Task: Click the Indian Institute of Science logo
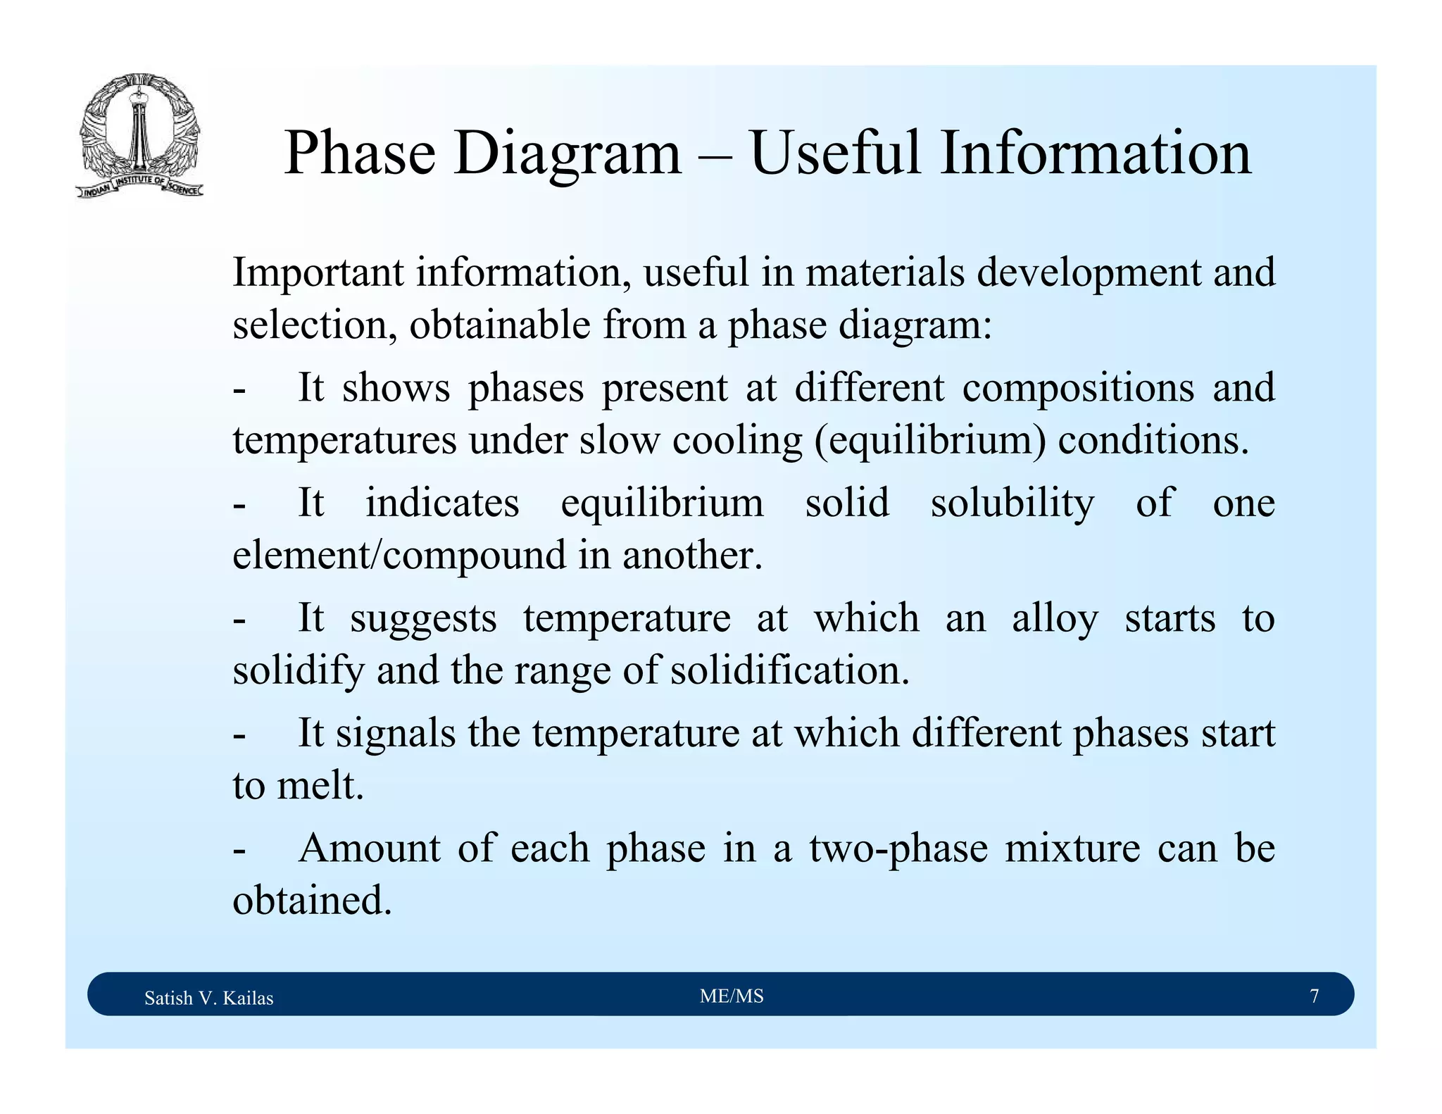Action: pyautogui.click(x=139, y=135)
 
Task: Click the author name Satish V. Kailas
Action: pyautogui.click(x=208, y=998)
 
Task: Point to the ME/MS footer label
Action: pyautogui.click(x=732, y=996)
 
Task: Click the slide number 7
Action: pyautogui.click(x=1314, y=996)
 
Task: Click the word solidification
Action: pyautogui.click(x=789, y=670)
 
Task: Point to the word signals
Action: pyautogui.click(x=395, y=734)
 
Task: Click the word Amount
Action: pyautogui.click(x=370, y=849)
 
